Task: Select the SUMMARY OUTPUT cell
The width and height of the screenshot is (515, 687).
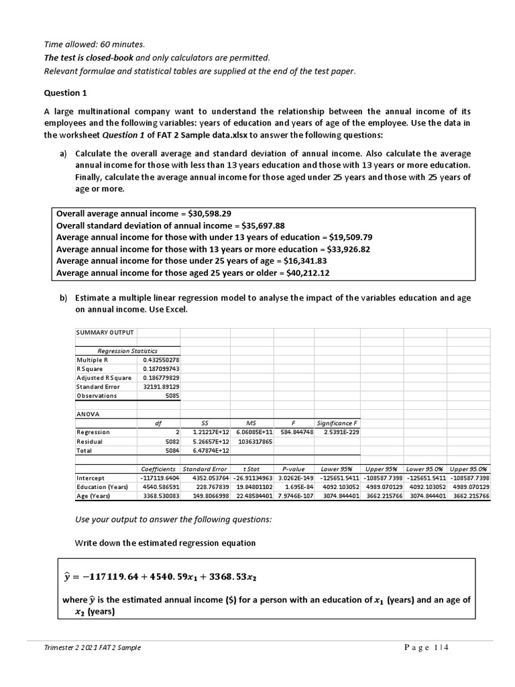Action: (x=105, y=333)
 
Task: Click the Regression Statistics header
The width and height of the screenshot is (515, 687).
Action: (x=127, y=351)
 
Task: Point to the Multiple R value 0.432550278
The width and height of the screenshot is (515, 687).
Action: (x=161, y=360)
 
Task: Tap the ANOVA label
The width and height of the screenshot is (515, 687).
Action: (x=87, y=414)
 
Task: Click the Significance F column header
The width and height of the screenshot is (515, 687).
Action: (x=337, y=423)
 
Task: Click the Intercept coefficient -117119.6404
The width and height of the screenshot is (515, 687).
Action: (x=159, y=478)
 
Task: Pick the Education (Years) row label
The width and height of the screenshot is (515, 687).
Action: (x=103, y=486)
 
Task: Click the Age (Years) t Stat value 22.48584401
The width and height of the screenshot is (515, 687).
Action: (x=250, y=496)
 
